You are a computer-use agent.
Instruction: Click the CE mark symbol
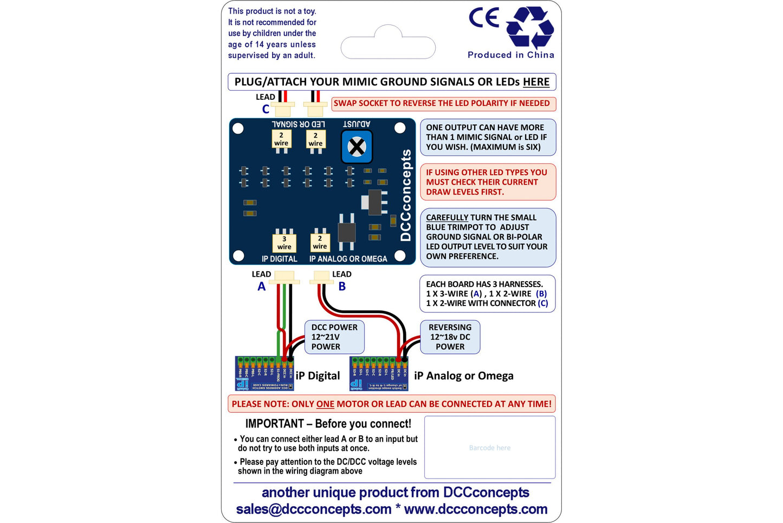[483, 18]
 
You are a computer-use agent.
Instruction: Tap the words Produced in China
[510, 55]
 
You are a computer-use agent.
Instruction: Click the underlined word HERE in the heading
[536, 82]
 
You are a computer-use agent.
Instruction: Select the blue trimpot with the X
[357, 146]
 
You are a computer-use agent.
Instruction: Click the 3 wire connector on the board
[284, 243]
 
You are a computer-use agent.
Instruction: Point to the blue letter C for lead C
[266, 109]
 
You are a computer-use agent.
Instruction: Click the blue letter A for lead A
[262, 286]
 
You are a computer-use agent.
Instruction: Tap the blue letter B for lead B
[342, 286]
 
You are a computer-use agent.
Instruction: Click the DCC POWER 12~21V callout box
[334, 337]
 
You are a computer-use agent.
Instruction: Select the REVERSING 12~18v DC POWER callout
[450, 337]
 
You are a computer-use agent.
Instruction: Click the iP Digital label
[318, 375]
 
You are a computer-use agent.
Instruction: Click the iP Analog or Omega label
[463, 375]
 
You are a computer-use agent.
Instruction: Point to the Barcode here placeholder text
[490, 448]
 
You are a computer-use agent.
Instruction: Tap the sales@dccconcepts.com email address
[313, 509]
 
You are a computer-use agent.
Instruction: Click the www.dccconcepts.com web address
[476, 509]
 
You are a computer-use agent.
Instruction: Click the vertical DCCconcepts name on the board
[405, 195]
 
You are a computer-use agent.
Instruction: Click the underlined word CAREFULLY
[446, 218]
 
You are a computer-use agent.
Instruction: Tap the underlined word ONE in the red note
[325, 404]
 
